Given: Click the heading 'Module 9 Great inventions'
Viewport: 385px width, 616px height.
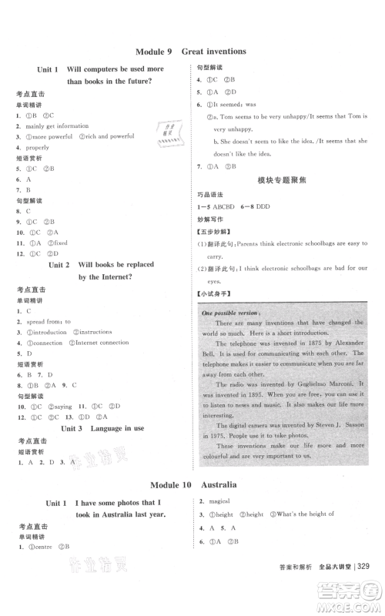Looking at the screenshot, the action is [190, 52].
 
